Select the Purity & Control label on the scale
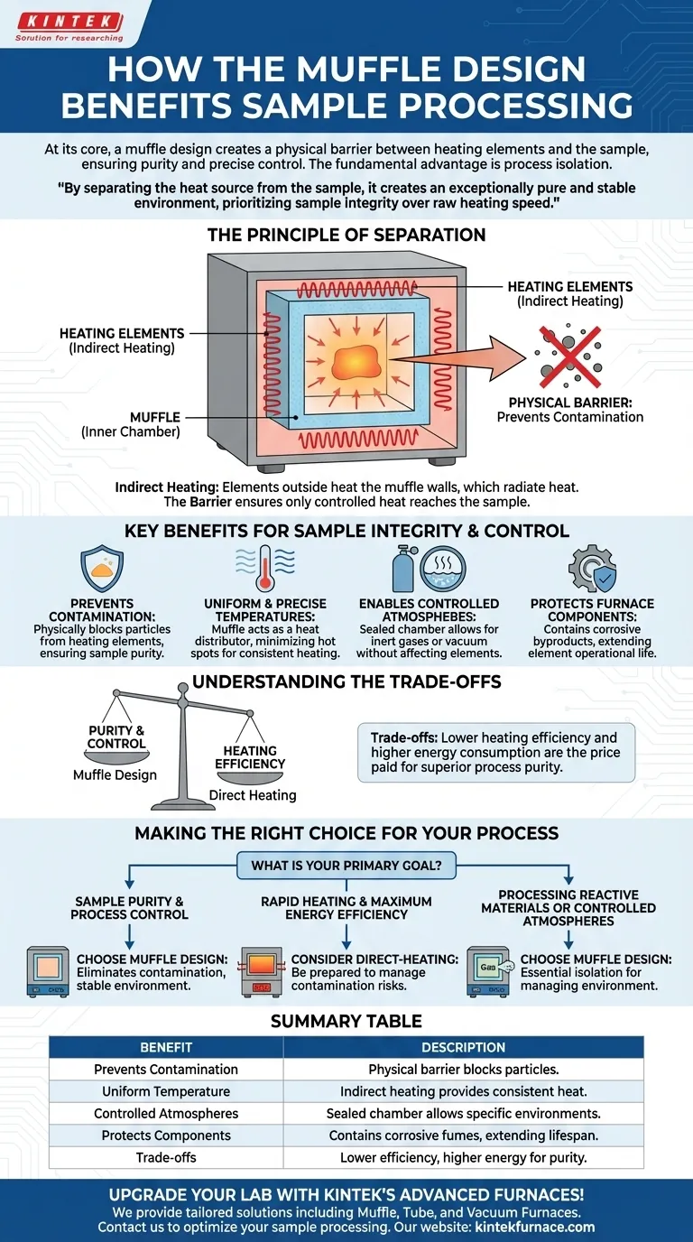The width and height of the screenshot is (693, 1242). coord(116,737)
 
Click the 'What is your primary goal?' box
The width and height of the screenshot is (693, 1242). coord(346,866)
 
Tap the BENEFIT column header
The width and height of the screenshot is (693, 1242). coord(166,1047)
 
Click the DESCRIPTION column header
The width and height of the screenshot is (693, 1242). coord(463,1047)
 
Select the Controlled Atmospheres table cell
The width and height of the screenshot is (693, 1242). coord(166,1114)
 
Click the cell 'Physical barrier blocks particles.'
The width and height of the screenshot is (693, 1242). coord(463,1070)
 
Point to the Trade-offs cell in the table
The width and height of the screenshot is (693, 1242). coord(166,1157)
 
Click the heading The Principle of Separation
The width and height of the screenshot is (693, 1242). coord(346,235)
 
